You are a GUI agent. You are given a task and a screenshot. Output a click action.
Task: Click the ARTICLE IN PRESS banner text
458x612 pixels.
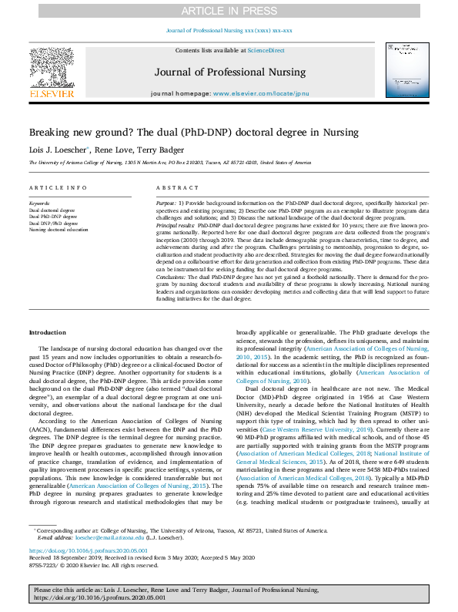[x=229, y=10]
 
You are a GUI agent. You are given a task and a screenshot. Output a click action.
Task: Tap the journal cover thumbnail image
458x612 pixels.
[x=407, y=69]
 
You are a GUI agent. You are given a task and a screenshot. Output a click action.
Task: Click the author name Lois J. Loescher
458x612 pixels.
[x=59, y=150]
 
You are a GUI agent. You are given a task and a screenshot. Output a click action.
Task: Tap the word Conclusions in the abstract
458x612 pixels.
[x=172, y=275]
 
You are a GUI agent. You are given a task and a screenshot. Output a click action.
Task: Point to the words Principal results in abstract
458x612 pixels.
[x=176, y=222]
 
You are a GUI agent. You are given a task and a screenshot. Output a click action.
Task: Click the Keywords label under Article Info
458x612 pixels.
[x=40, y=203]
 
